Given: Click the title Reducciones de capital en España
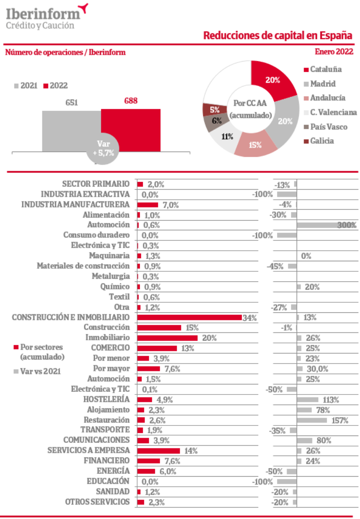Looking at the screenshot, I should [277, 35].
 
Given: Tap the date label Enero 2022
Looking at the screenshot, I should [334, 52].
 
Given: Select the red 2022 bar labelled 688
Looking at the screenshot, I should [131, 130].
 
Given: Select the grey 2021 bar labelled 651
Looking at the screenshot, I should [71, 130].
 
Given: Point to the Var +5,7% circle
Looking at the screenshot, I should [103, 149].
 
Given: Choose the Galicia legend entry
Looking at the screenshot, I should [322, 141].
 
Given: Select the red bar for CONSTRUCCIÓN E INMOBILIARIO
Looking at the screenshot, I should [189, 317].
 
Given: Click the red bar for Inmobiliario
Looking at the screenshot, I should [167, 338].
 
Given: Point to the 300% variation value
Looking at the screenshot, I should [347, 225].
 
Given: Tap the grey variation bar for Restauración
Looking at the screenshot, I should [312, 420].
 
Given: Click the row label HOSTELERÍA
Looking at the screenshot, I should [106, 399].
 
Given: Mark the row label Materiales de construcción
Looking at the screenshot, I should [83, 266].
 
